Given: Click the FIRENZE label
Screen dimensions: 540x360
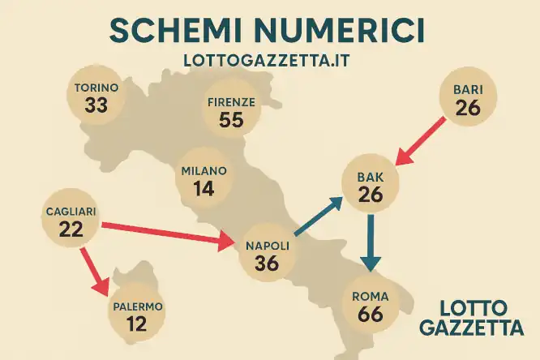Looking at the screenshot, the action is [x=231, y=102].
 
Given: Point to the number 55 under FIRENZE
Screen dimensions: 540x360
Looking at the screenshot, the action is [x=231, y=120].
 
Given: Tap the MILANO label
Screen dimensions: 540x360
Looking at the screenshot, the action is [x=204, y=171].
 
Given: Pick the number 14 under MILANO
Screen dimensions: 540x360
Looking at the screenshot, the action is [x=204, y=189].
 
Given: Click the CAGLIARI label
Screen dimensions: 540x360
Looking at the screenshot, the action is [x=71, y=212].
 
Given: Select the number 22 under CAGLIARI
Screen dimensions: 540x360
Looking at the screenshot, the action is [x=71, y=229].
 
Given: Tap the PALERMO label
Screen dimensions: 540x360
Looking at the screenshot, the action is [x=138, y=306].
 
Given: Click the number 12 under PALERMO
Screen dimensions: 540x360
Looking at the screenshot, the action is [x=138, y=324].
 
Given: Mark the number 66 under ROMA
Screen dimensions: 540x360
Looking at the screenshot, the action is [x=370, y=314].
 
